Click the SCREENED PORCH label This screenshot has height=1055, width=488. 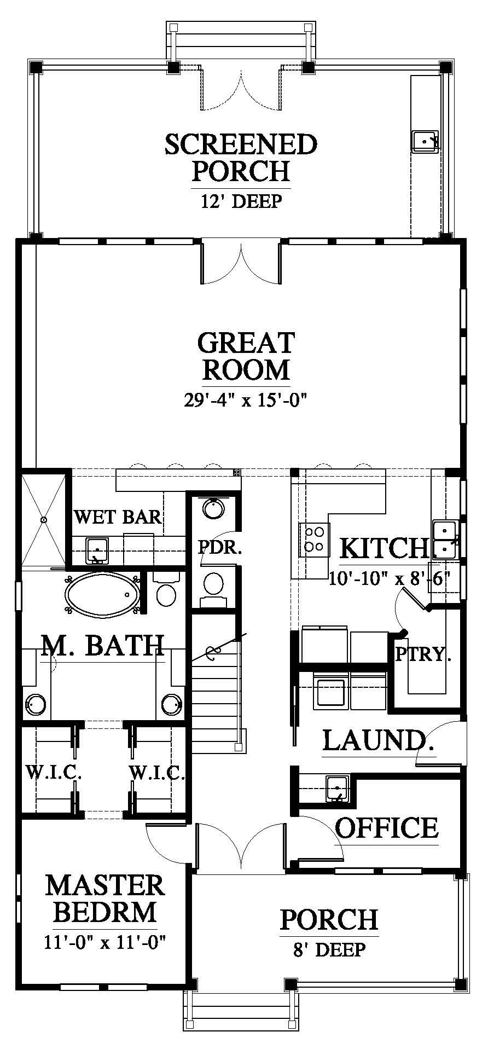point(241,158)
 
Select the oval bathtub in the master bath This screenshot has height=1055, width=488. point(102,595)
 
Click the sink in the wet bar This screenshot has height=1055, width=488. point(97,549)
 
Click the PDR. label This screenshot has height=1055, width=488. point(219,548)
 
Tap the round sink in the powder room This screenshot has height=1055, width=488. point(213,508)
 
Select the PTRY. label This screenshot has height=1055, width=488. point(423,654)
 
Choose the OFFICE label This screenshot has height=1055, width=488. point(386,828)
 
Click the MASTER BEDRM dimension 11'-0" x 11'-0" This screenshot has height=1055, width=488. point(105,942)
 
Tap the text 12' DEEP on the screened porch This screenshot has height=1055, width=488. point(241,201)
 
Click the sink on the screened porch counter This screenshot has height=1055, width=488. point(425,141)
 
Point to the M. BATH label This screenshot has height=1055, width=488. point(103,646)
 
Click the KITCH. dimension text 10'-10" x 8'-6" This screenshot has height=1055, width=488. point(390,577)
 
